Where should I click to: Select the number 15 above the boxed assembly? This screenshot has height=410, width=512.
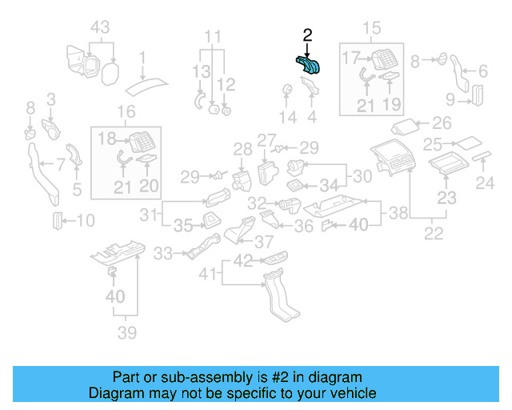pyautogui.click(x=374, y=30)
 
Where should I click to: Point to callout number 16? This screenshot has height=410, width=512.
pyautogui.click(x=126, y=111)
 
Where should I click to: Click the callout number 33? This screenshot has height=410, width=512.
pyautogui.click(x=163, y=254)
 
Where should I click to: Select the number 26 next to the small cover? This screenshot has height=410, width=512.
pyautogui.click(x=442, y=123)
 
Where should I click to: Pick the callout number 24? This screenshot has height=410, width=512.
pyautogui.click(x=486, y=183)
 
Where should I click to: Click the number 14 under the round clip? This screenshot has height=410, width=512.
pyautogui.click(x=287, y=118)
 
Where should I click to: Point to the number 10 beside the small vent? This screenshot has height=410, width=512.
pyautogui.click(x=85, y=220)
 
